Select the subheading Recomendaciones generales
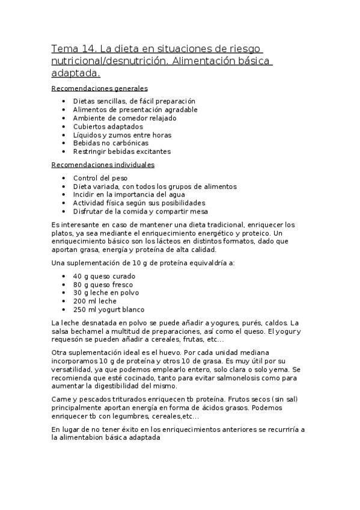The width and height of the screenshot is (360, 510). coord(100,88)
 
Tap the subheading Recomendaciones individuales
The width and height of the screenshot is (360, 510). coord(103,165)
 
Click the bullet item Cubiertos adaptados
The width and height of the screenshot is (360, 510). coord(108,127)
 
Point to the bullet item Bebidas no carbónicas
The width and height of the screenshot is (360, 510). coord(111,144)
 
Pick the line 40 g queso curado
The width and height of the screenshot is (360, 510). coord(104,276)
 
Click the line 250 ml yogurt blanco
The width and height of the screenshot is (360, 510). coord(108,310)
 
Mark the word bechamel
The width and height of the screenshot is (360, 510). coord(90,331)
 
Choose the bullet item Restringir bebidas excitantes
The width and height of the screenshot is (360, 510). coord(122,152)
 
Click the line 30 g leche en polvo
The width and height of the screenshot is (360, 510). coord(105,293)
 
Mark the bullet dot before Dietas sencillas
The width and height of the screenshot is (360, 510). coord(64,102)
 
